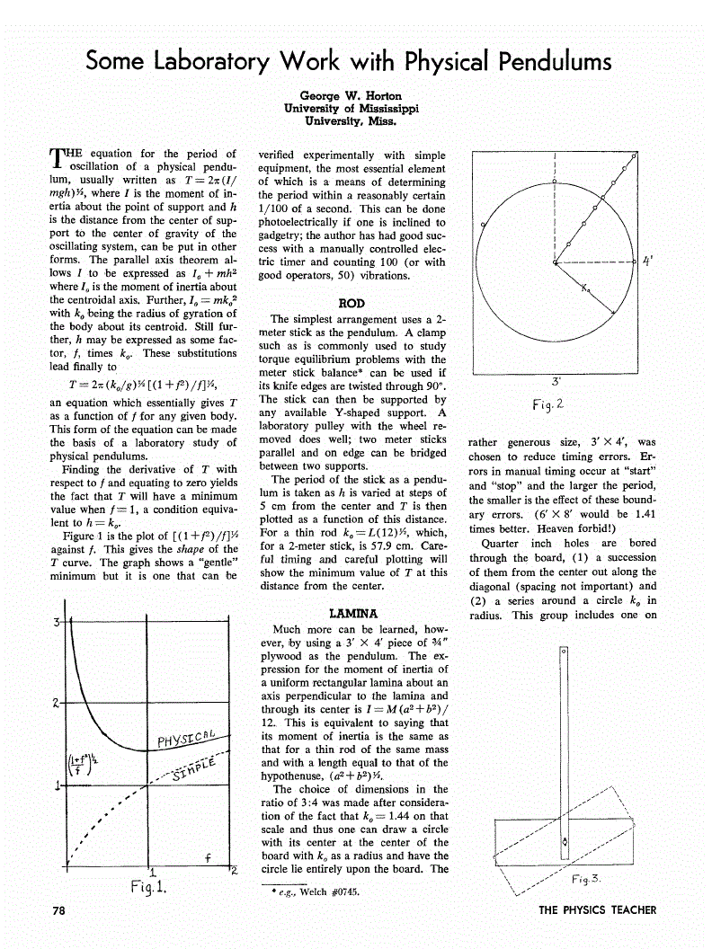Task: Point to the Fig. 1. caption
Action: tap(147, 890)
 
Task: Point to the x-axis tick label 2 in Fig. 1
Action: tap(232, 871)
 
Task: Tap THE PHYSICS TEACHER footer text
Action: tap(597, 909)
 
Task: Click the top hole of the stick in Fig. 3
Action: tap(564, 649)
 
